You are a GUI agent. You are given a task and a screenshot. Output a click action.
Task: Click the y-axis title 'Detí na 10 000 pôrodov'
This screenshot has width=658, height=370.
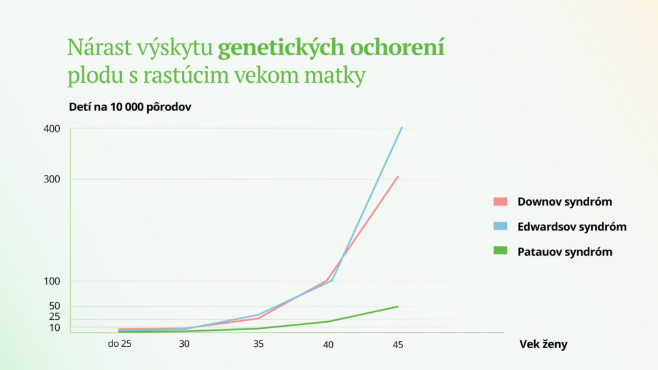coord(130,107)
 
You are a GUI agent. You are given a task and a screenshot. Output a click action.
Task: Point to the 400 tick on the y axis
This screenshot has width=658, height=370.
coord(52,128)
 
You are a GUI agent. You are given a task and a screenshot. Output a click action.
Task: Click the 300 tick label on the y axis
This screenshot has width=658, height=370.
coord(52,179)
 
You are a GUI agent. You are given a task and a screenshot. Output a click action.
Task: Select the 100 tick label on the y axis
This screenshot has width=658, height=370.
coord(52,281)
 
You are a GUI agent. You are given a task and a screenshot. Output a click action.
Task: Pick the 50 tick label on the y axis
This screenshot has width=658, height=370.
coord(55,306)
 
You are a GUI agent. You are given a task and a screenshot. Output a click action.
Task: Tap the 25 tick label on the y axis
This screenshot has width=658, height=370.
coord(55,317)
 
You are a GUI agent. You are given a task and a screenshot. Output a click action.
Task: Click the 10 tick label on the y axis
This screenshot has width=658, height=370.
coord(55,328)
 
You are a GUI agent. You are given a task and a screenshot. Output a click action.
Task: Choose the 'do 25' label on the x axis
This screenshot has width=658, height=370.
coord(120,344)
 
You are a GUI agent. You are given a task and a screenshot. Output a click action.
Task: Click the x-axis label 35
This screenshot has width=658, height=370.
coord(258,344)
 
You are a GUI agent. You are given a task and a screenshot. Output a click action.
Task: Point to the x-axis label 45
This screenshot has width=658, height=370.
coord(398,344)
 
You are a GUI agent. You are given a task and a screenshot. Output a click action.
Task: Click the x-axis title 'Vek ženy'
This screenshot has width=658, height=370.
coord(543,344)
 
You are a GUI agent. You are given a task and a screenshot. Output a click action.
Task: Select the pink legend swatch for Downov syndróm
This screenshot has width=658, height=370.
coord(501,202)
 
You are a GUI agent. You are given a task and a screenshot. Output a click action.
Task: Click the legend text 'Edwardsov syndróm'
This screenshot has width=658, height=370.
coord(572,227)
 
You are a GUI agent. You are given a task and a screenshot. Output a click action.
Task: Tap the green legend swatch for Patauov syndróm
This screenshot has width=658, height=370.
coord(501,251)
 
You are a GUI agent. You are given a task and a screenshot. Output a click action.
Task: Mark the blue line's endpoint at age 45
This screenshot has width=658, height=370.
coord(402,128)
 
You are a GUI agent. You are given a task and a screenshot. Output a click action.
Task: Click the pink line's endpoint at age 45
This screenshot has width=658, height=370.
coord(398,176)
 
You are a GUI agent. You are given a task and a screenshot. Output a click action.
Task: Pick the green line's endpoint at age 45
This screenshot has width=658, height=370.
coord(398,306)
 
